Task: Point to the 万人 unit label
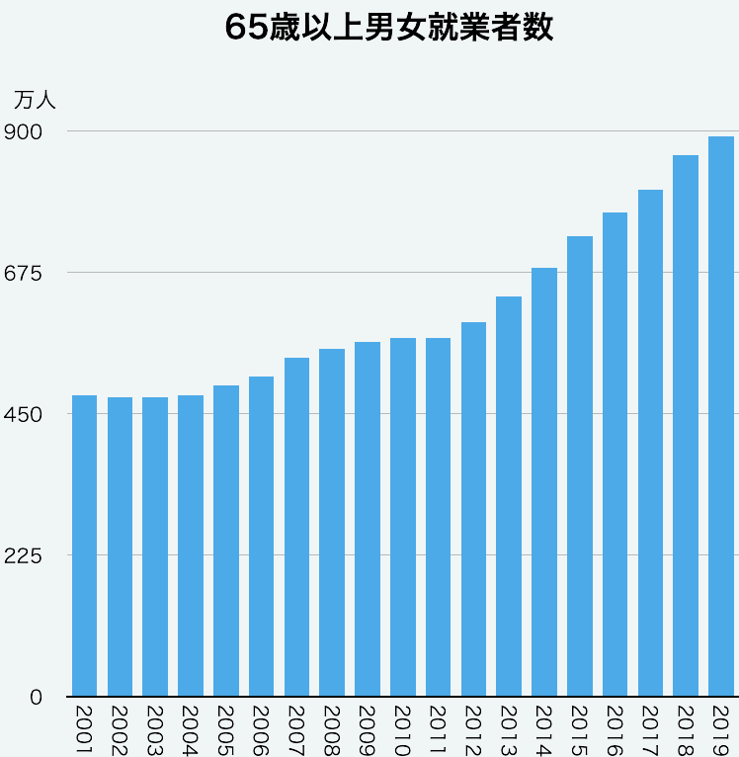(36, 100)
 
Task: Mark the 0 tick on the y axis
(36, 697)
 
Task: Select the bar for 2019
(721, 415)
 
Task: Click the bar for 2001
(85, 546)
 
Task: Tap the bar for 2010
(403, 517)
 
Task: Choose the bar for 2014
(544, 481)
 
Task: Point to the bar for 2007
(296, 527)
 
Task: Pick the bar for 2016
(615, 454)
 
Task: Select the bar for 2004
(191, 546)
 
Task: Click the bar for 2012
(473, 509)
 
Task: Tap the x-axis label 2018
(686, 729)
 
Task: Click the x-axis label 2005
(226, 729)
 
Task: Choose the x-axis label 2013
(509, 729)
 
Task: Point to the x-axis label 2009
(368, 729)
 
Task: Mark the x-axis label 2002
(120, 729)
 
